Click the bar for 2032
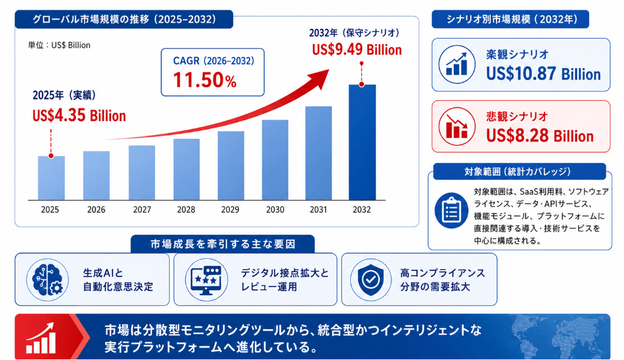(362, 142)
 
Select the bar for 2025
(51, 178)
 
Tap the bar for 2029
(231, 166)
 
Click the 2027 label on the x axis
(142, 209)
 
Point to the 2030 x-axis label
(275, 209)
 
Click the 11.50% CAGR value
(205, 79)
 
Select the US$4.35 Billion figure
(79, 116)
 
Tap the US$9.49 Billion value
(357, 50)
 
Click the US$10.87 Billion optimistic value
(543, 74)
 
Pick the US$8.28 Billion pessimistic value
(540, 136)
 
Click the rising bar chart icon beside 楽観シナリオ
(457, 64)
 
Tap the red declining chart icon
(457, 126)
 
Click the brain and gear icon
(48, 279)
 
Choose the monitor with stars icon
(206, 279)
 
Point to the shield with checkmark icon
(371, 279)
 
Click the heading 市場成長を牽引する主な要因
(223, 244)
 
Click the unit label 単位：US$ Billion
(59, 45)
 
